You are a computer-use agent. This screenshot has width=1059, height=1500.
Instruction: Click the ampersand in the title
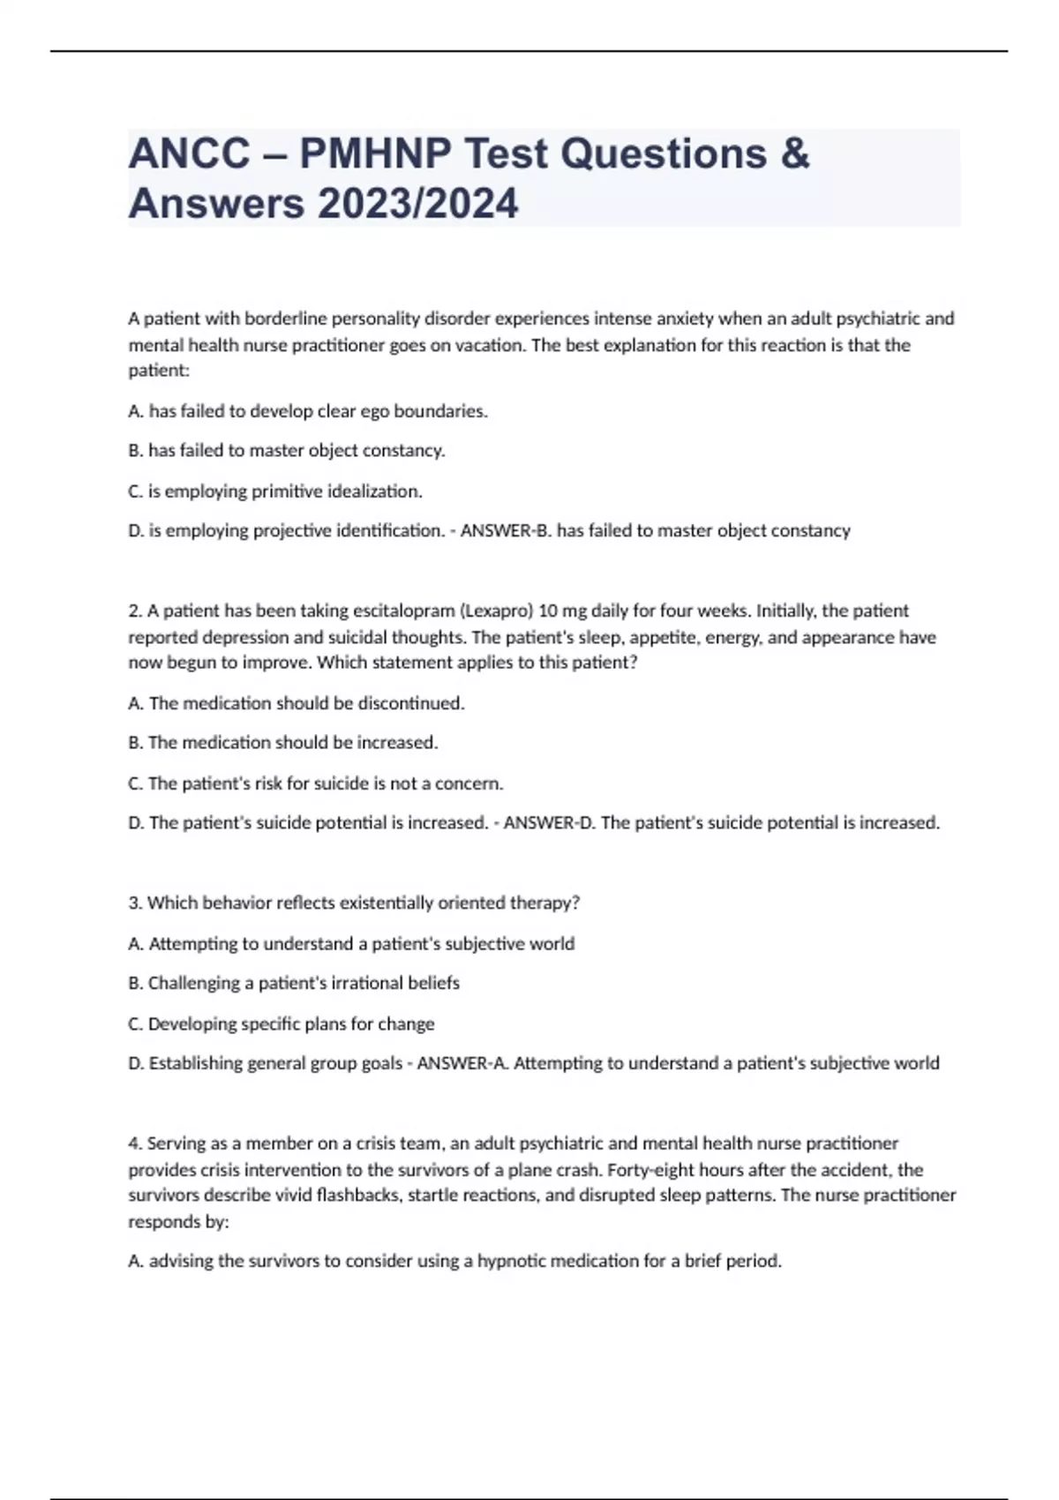[794, 154]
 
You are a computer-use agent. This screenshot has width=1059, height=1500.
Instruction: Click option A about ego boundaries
[307, 411]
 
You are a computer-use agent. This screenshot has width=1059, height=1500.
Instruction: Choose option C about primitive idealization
[275, 491]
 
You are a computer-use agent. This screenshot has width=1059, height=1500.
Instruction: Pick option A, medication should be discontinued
[297, 703]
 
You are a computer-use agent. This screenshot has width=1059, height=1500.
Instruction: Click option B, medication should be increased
[283, 743]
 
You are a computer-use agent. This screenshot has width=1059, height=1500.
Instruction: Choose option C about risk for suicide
[315, 784]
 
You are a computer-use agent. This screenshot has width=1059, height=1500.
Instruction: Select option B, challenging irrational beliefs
[294, 983]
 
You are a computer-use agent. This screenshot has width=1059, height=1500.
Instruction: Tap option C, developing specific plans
[282, 1024]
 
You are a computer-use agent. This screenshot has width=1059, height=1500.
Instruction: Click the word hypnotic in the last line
[511, 1261]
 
